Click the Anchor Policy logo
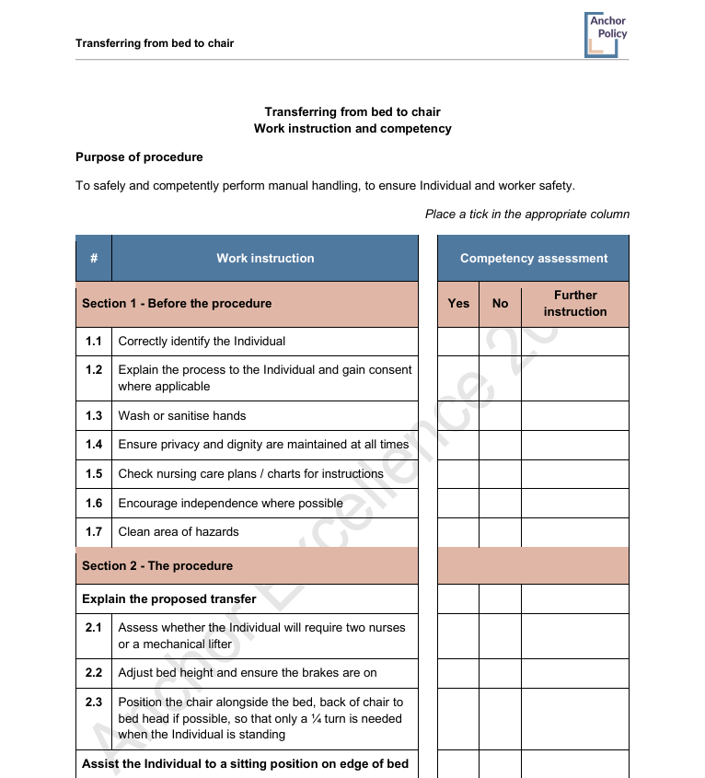point(606,34)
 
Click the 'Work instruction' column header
point(265,259)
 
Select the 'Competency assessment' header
point(534,259)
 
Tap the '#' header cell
point(94,259)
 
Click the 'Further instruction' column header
point(575,304)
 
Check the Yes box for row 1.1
point(458,342)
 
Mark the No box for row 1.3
point(500,416)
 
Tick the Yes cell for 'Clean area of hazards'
point(458,532)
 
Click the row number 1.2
point(94,370)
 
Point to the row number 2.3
point(94,703)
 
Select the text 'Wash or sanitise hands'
point(182,416)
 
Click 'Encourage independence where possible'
point(230,504)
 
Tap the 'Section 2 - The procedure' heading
point(157,566)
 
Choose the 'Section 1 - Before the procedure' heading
point(177,304)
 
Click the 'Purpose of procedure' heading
point(139,157)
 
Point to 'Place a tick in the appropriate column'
point(527,215)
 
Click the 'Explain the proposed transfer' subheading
point(169,599)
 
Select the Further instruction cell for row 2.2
point(575,673)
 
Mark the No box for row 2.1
point(500,636)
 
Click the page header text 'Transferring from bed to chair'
point(155,43)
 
